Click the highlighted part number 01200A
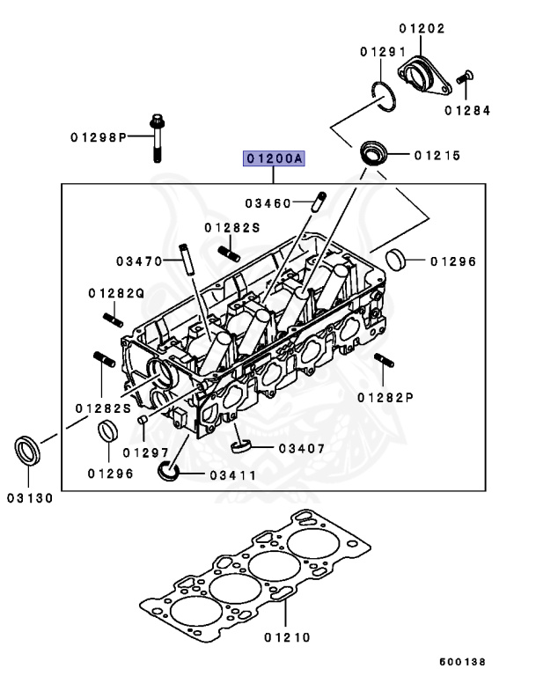(x=275, y=158)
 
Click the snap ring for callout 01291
(x=382, y=93)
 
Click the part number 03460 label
(x=268, y=203)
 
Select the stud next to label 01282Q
(x=110, y=316)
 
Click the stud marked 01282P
(x=384, y=362)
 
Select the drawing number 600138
(x=462, y=661)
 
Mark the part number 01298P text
(x=99, y=137)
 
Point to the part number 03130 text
(x=30, y=497)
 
